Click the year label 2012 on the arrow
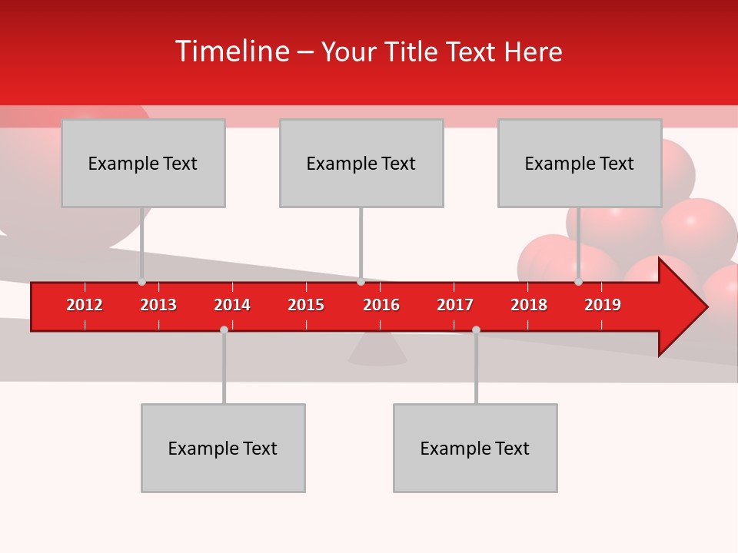click(85, 305)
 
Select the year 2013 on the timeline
click(158, 305)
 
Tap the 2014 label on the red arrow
click(232, 305)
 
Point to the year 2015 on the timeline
click(306, 305)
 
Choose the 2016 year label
click(381, 305)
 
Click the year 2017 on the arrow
click(455, 305)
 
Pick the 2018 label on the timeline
click(529, 305)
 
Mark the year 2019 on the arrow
click(603, 305)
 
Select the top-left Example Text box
click(143, 164)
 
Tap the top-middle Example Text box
click(361, 164)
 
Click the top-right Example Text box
click(580, 164)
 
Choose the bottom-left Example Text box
click(223, 449)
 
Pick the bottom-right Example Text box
click(475, 449)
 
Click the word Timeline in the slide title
click(231, 51)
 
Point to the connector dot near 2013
click(141, 282)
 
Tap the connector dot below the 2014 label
click(224, 329)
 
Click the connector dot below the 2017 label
click(476, 329)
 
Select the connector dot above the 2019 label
click(578, 282)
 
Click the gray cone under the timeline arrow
click(377, 351)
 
